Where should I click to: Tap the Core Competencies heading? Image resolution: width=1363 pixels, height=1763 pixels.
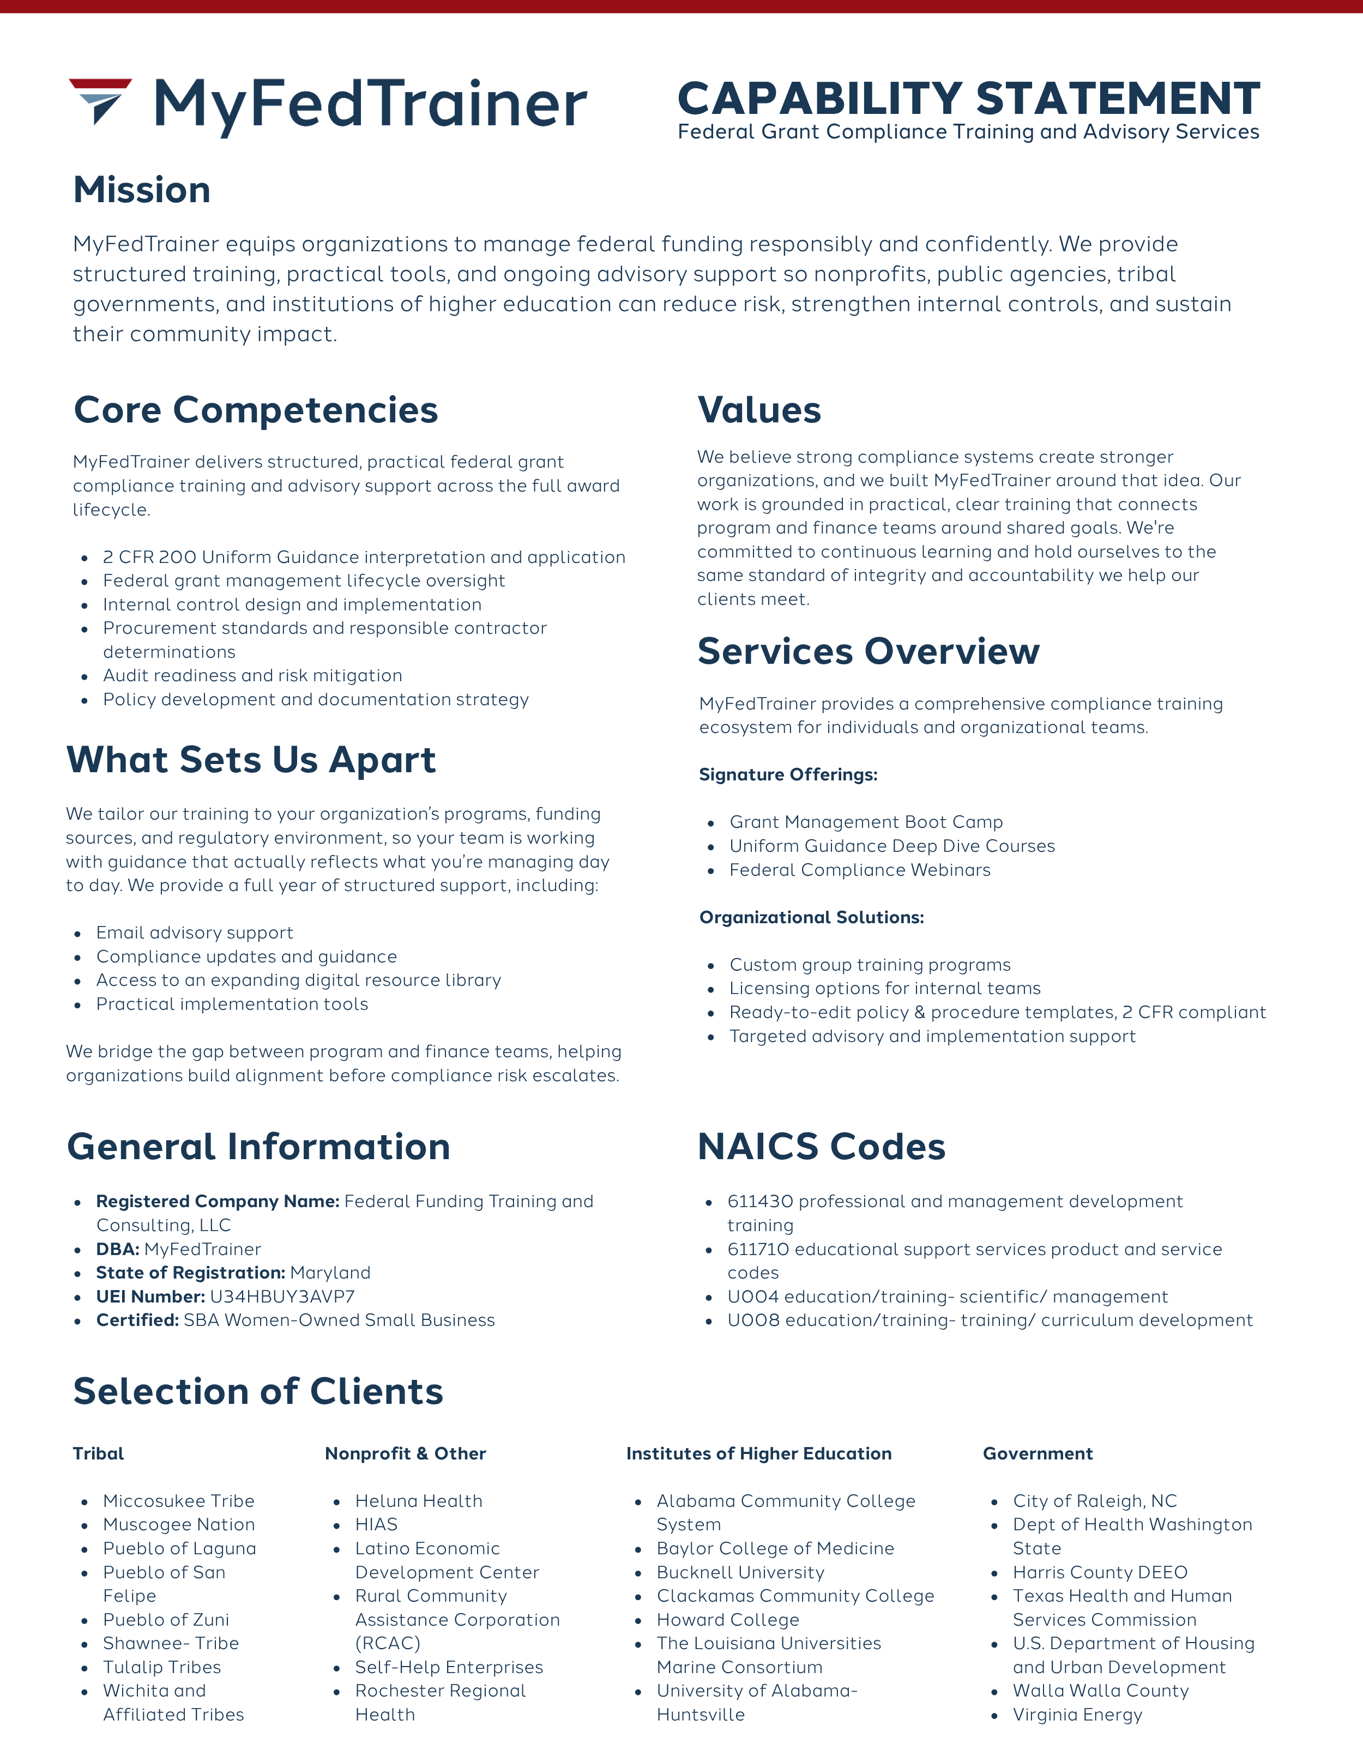coord(255,410)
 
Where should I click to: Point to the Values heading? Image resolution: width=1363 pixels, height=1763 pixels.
coord(759,410)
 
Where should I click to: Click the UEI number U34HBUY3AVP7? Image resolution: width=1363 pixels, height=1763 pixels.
coord(282,1296)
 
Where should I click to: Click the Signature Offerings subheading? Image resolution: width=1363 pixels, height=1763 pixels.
coord(788,775)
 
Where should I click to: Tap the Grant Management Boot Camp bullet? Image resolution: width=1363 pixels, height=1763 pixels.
coord(866,822)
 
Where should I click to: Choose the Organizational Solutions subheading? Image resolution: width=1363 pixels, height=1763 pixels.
coord(811,917)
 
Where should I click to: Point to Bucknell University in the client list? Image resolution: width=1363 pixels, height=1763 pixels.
coord(740,1572)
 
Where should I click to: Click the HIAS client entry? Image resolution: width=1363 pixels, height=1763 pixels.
coord(376,1524)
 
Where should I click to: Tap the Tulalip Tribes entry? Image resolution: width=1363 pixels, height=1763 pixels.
coord(161,1667)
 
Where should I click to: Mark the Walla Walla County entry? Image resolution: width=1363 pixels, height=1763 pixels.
coord(1101,1691)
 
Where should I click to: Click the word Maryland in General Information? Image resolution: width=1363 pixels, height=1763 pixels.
coord(330,1273)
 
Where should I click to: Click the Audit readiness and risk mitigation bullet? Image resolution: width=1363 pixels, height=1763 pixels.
coord(252,676)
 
